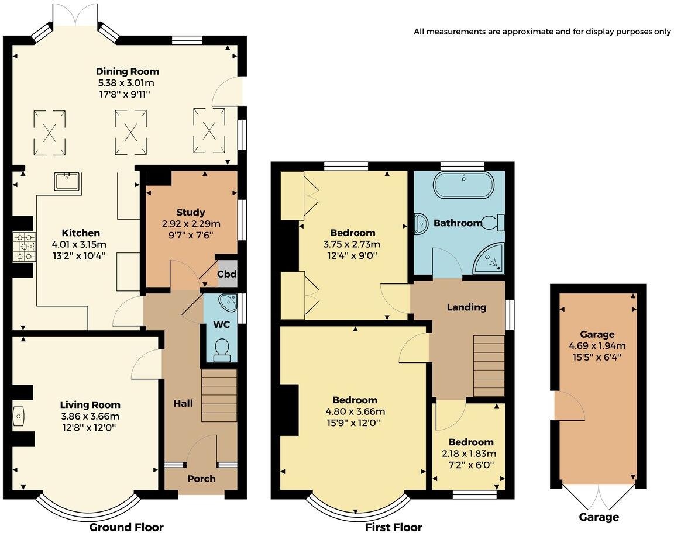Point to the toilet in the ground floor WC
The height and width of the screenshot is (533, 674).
coord(222,348)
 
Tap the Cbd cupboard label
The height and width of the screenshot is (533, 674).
coord(226,274)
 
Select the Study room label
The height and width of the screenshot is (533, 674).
coord(190,212)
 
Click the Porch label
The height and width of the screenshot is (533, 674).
coord(201,479)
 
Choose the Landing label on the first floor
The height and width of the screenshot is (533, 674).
coord(466,307)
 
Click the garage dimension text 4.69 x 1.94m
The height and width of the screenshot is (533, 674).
coord(597,345)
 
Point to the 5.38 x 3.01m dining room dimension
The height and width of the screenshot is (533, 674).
coord(128,82)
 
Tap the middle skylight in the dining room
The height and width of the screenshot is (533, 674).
coord(129,133)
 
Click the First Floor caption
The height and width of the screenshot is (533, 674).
coord(393,527)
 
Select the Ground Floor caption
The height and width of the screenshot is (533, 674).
coord(126,527)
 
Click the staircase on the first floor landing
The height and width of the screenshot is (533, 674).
coord(488,366)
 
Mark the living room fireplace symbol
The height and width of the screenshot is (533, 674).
coord(18,416)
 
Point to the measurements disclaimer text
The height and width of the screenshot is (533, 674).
coord(542,32)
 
